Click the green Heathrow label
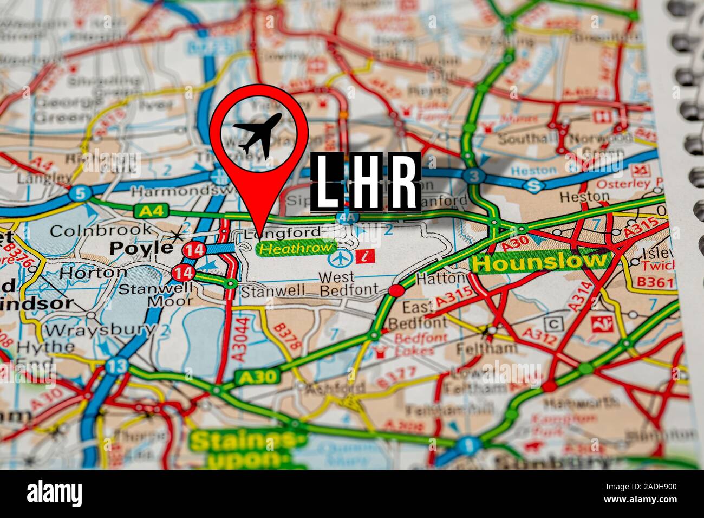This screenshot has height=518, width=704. tap(295, 248)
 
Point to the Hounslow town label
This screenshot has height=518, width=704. tap(539, 262)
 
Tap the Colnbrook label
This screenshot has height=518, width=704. tap(101, 230)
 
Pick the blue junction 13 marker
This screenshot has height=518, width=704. tap(116, 366)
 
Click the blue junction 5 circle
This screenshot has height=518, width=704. tap(80, 194)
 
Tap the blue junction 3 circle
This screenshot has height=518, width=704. tap(474, 176)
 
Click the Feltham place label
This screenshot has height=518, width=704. tap(478, 347)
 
